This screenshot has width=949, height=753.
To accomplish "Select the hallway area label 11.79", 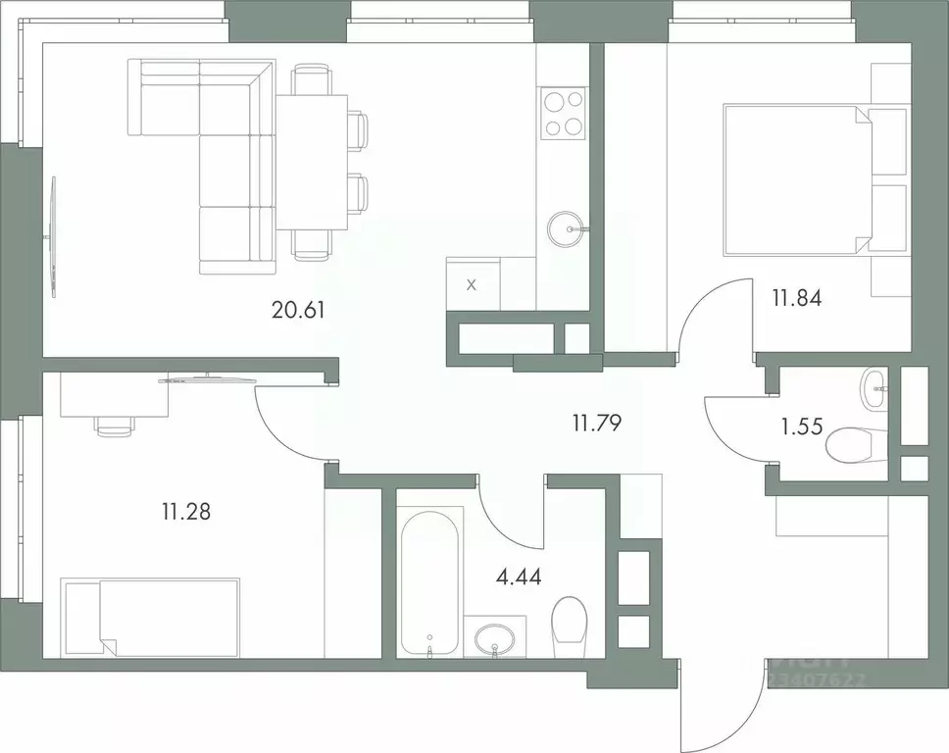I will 598,424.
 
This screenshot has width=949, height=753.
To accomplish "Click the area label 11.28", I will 186,511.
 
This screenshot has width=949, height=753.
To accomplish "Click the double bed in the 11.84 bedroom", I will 794,179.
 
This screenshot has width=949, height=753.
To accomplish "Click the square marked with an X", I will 472,285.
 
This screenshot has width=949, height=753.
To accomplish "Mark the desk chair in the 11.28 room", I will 114,425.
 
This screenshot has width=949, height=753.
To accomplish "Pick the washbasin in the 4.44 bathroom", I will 494,639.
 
